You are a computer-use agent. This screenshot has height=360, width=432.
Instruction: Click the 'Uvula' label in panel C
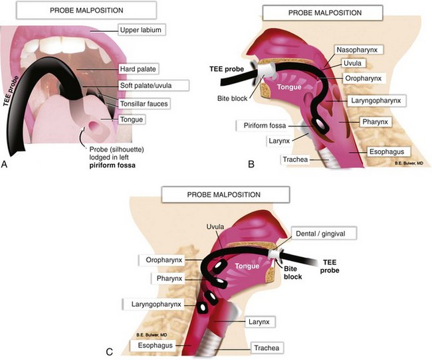pos(217,226)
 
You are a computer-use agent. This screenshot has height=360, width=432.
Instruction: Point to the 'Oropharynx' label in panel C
pos(163,258)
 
